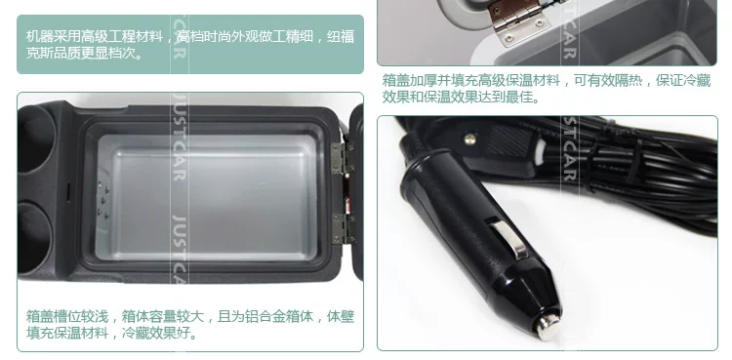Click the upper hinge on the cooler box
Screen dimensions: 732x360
343,158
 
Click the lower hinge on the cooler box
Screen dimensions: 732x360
344,228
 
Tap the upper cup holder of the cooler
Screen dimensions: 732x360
35,140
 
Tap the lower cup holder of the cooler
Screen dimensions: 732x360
33,237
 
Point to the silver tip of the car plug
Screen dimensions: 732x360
548,325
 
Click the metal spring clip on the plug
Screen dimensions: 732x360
508,238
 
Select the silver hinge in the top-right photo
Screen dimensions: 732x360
518,20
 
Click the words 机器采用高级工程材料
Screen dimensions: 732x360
95,36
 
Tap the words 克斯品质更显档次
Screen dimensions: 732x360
84,54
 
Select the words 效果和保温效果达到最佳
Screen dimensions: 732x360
461,98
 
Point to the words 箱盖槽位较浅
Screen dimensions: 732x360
67,316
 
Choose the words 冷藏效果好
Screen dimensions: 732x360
160,333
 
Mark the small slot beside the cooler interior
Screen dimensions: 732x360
67,192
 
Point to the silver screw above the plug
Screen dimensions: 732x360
469,138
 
